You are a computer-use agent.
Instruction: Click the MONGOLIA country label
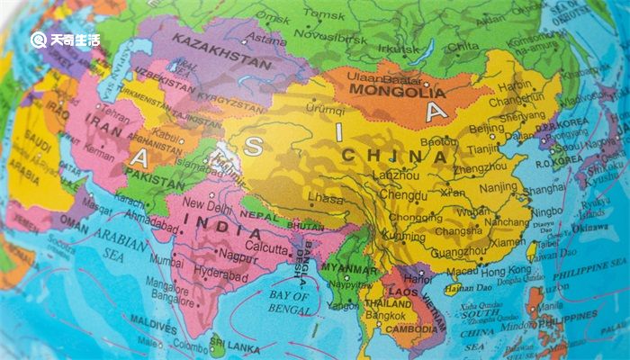pos(396,90)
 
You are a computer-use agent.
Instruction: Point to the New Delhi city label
pos(208,204)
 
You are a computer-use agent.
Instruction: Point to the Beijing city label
pos(486,128)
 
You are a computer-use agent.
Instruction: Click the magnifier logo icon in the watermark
pos(39,39)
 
